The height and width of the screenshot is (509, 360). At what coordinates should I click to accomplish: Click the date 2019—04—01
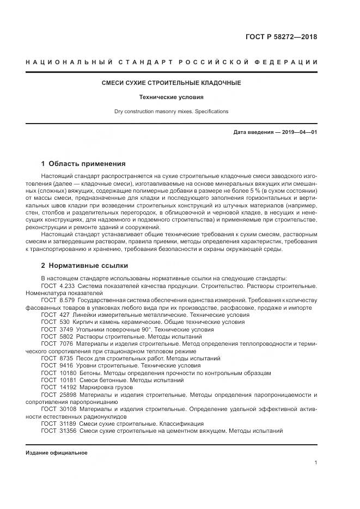(x=300, y=132)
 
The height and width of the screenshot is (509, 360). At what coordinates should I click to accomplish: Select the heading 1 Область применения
(x=83, y=163)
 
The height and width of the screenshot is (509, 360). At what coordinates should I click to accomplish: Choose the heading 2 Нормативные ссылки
(x=84, y=266)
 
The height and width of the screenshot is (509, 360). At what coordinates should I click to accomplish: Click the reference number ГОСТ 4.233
(x=58, y=285)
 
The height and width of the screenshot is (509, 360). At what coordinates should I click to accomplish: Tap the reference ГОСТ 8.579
(x=58, y=300)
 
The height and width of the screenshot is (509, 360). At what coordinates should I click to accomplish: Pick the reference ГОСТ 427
(x=54, y=315)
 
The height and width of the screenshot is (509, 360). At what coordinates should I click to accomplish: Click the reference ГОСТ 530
(x=54, y=322)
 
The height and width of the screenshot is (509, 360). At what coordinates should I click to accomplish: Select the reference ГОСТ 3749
(x=56, y=329)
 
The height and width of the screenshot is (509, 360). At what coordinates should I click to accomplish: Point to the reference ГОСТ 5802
(x=56, y=336)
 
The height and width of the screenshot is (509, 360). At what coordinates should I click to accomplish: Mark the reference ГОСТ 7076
(x=56, y=344)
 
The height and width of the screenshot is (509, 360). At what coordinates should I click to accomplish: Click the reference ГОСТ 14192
(x=58, y=388)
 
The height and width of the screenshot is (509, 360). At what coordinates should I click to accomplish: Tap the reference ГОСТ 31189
(x=58, y=424)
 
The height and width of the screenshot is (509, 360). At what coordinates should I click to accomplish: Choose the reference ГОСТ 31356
(x=58, y=431)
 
